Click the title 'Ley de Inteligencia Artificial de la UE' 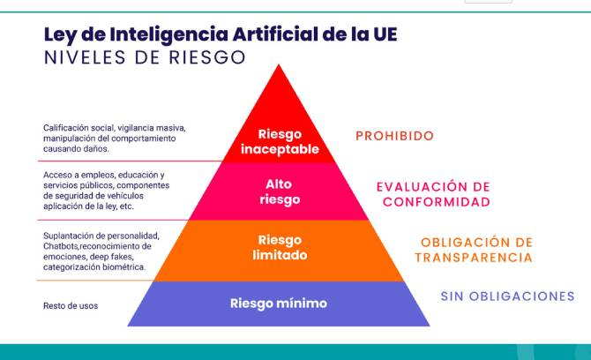(x=221, y=34)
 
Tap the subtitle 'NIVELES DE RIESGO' (x=145, y=57)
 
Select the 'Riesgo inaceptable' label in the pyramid (x=280, y=142)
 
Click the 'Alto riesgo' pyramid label (x=280, y=191)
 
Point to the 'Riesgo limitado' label (x=280, y=248)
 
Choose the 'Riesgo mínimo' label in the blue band (x=279, y=304)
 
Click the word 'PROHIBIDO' (x=394, y=136)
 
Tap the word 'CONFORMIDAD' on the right (x=437, y=202)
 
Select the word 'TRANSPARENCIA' (x=474, y=258)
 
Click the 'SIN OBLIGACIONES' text (x=507, y=296)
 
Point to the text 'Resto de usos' (x=71, y=305)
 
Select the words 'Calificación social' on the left (x=79, y=128)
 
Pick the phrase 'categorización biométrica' (x=94, y=267)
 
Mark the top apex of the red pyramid (x=279, y=64)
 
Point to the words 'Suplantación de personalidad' (x=101, y=236)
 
